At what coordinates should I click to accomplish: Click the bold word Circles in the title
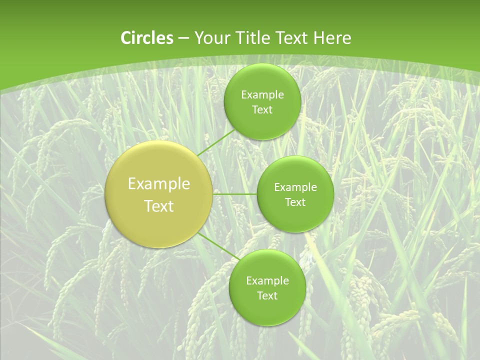[x=146, y=38]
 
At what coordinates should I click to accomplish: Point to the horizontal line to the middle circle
[x=235, y=194]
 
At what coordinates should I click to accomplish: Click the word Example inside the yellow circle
[x=159, y=184]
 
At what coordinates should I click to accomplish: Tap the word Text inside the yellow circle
[x=159, y=206]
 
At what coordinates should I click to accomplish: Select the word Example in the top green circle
[x=262, y=95]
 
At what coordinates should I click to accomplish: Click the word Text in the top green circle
[x=262, y=110]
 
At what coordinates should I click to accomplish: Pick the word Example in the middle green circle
[x=295, y=187]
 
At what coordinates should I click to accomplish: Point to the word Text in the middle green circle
[x=295, y=202]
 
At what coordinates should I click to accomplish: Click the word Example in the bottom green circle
[x=267, y=281]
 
